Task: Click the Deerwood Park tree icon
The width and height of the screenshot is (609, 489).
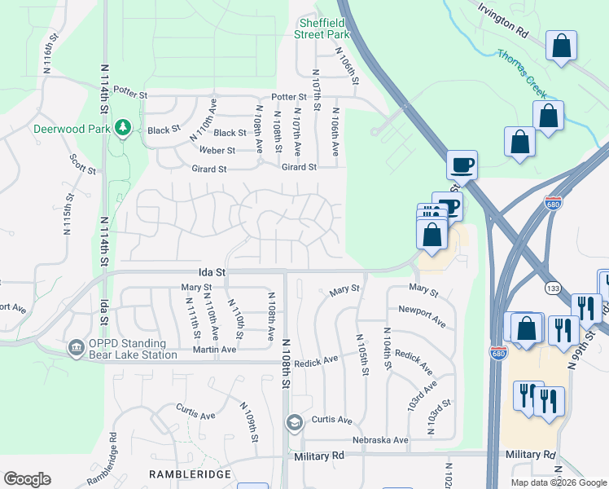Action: coord(123,128)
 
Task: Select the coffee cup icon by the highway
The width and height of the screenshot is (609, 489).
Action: coord(462,165)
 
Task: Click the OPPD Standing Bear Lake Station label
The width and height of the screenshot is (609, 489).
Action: coord(132,349)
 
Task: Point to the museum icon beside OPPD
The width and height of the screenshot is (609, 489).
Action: coord(77,348)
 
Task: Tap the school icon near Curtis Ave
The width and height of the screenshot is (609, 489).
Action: coord(293,422)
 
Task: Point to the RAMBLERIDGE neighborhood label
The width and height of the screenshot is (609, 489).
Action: coord(190,474)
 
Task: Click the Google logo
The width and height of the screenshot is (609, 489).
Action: coord(27,479)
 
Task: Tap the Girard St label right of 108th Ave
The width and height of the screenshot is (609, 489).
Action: coord(298,167)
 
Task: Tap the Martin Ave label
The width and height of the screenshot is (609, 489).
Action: coord(214,350)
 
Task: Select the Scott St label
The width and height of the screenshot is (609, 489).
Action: coord(84,167)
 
